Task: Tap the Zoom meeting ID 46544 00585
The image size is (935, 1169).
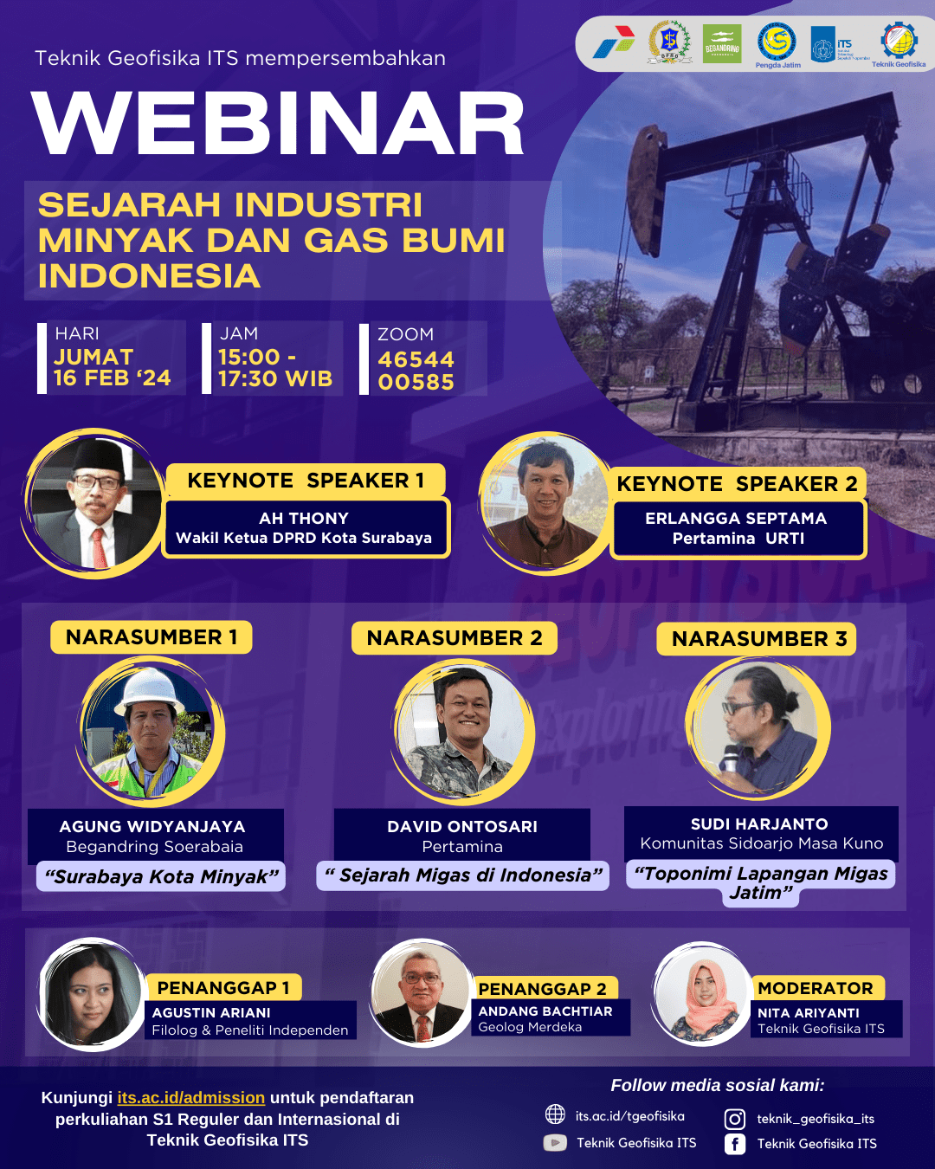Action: point(416,371)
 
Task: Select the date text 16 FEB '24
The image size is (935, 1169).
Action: point(112,378)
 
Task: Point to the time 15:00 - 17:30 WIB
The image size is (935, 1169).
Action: point(274,368)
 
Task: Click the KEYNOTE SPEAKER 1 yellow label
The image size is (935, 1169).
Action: point(306,481)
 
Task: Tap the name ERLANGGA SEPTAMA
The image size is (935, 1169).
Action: point(736,519)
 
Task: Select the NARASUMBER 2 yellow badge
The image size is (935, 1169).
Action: point(455,638)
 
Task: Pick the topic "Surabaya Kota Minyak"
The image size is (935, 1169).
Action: point(162,876)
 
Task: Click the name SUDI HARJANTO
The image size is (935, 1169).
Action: point(759,824)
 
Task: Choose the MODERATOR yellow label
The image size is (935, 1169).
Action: point(816,988)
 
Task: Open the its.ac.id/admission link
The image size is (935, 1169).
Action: point(191,1098)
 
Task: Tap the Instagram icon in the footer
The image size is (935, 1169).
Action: point(734,1119)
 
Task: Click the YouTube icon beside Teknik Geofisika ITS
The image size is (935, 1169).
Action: point(555,1143)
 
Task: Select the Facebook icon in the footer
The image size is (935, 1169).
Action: point(734,1144)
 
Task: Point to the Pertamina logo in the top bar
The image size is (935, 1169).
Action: point(613,43)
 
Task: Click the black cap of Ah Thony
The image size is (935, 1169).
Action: point(97,454)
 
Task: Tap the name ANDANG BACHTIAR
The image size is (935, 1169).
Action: point(545,1011)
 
